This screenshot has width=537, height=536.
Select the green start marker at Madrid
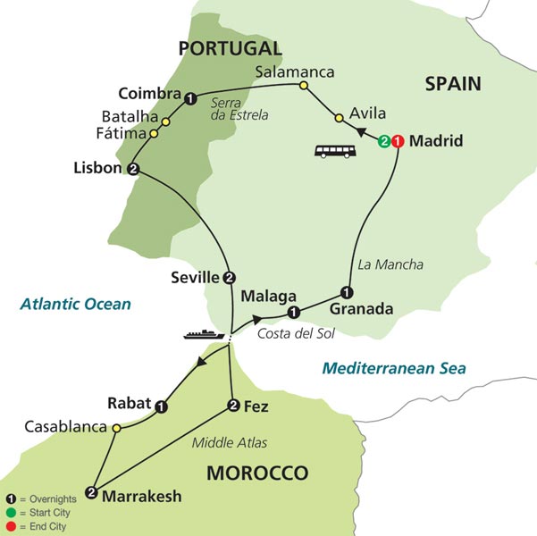(384, 140)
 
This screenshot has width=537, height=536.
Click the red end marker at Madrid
(398, 140)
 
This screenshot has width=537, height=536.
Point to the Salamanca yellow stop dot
(303, 87)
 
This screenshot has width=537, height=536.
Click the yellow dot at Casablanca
(116, 427)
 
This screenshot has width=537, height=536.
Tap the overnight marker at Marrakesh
(91, 491)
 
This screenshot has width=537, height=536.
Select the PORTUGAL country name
(230, 48)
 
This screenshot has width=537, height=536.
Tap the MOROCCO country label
(257, 473)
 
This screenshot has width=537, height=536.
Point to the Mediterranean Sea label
(394, 368)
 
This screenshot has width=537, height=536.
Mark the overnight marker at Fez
(234, 406)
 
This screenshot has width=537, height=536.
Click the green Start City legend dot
(10, 513)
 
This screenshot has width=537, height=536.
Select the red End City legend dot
(10, 526)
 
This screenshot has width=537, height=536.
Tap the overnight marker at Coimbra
(190, 97)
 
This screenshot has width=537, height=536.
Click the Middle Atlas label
(231, 442)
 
